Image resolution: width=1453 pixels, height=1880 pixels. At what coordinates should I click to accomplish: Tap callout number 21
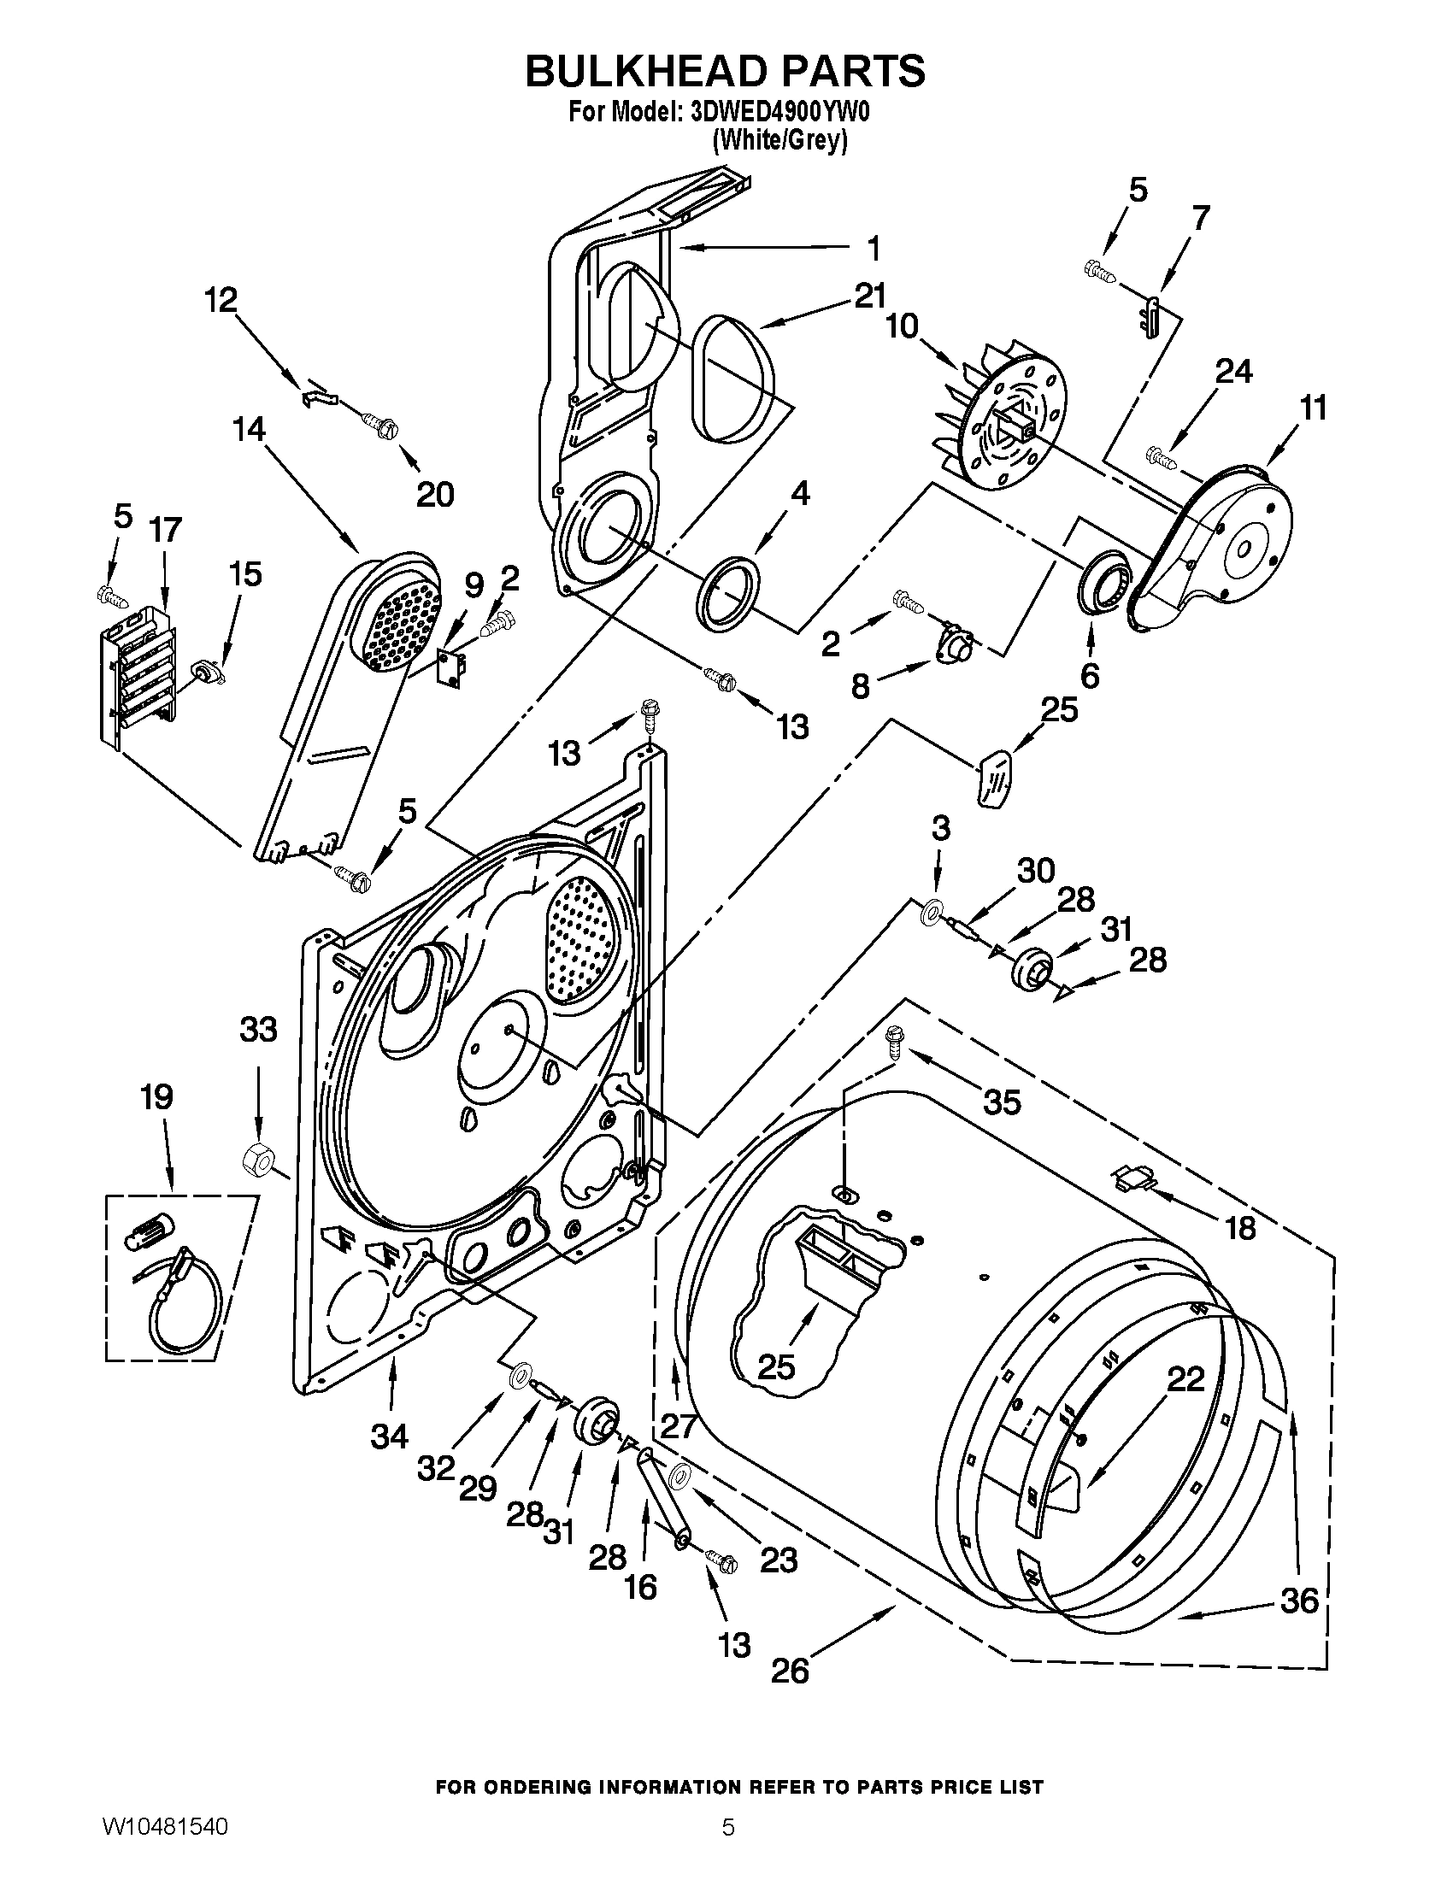pyautogui.click(x=869, y=297)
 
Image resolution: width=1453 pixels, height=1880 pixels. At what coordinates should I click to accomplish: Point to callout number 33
pyautogui.click(x=258, y=1029)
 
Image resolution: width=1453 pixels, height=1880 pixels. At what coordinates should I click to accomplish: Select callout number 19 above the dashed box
pyautogui.click(x=157, y=1096)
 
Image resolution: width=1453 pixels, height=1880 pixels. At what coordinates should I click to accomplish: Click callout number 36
pyautogui.click(x=1299, y=1601)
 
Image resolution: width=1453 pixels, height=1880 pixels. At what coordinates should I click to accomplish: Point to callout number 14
pyautogui.click(x=249, y=428)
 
